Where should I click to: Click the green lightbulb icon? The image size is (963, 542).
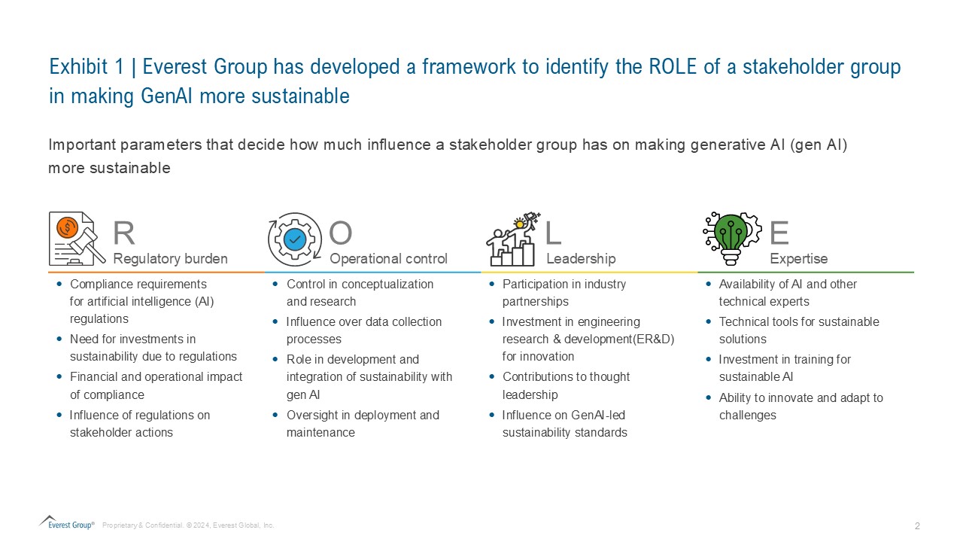[732, 239]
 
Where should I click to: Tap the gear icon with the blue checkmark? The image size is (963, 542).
[295, 239]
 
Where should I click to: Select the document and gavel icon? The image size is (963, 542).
[77, 239]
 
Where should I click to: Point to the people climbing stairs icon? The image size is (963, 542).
[513, 239]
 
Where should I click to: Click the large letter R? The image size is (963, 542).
[124, 233]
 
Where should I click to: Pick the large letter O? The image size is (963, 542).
[341, 233]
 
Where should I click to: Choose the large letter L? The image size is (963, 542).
[553, 233]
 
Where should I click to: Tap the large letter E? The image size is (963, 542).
[779, 233]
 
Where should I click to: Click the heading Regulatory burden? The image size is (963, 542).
[170, 258]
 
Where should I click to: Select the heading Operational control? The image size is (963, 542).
[389, 258]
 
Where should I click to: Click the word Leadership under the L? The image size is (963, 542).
[581, 258]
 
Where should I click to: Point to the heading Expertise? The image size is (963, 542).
[799, 258]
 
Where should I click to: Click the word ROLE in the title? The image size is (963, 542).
[673, 67]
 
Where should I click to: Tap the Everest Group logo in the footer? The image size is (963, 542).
[67, 523]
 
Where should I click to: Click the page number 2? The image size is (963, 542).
[917, 526]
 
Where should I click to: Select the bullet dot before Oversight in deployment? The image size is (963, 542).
[275, 415]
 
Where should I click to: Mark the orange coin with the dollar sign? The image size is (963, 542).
[68, 227]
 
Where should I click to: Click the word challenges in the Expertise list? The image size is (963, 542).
[748, 416]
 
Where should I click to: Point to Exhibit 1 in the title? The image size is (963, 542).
[87, 67]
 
